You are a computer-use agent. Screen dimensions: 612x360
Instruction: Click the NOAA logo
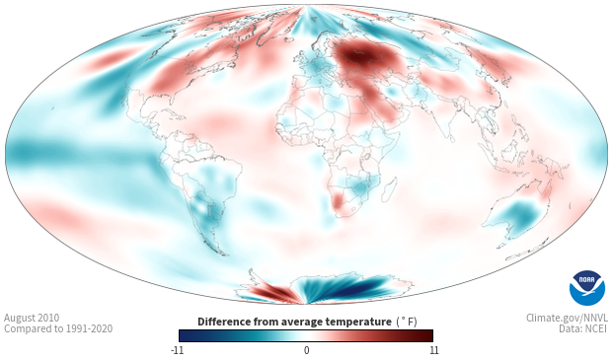[587, 288]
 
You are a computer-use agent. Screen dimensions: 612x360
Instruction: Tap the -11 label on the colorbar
[178, 350]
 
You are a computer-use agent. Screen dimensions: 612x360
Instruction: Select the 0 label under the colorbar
[306, 350]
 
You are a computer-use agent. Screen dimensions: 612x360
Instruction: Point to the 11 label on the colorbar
[433, 350]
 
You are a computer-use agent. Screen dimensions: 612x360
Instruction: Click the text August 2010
[32, 318]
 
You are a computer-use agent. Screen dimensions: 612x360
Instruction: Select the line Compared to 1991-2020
[58, 328]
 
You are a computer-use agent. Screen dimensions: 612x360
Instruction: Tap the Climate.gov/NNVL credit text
[567, 318]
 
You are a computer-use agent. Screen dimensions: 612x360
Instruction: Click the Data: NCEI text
[583, 328]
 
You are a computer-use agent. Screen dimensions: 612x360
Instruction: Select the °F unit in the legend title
[407, 323]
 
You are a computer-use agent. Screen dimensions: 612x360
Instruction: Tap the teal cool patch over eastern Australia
[519, 215]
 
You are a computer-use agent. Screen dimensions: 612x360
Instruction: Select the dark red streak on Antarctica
[273, 291]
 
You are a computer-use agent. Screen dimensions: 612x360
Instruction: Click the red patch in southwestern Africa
[338, 200]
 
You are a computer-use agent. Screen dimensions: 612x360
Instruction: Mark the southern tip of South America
[224, 254]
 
